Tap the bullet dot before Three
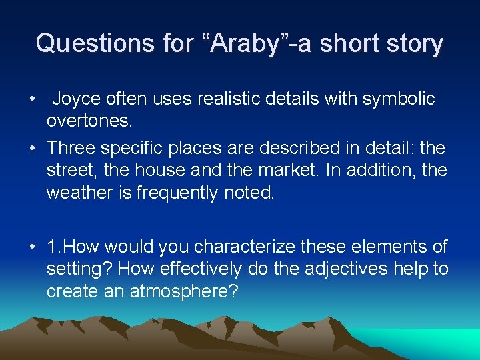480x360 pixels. (x=32, y=147)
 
